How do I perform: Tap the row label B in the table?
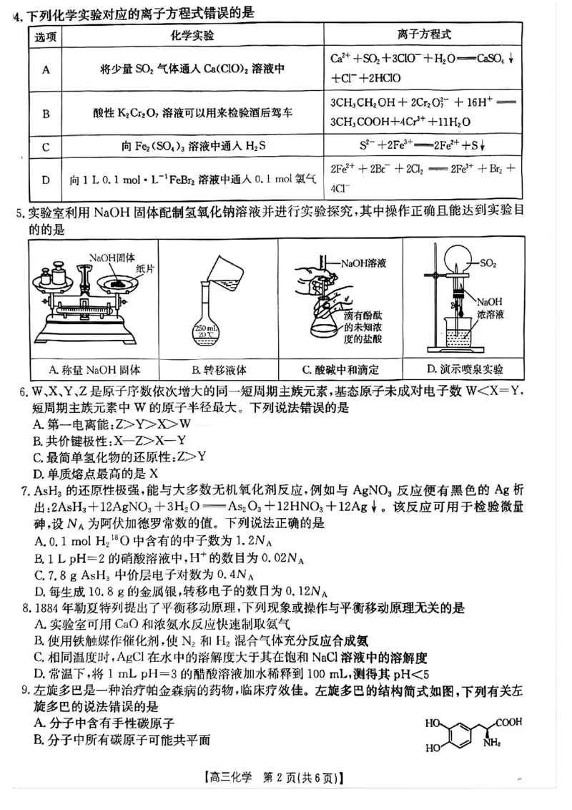(46, 113)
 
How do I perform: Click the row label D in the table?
(46, 179)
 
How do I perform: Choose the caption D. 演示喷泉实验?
(465, 370)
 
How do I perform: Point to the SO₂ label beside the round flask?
(489, 263)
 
